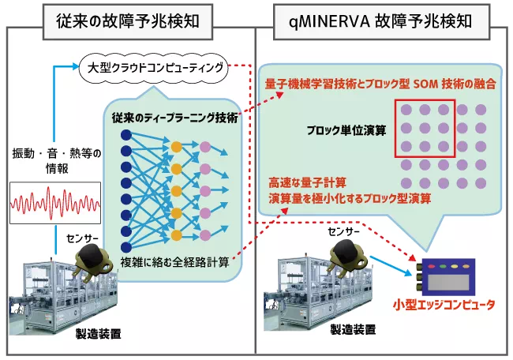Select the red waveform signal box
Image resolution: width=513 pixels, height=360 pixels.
(55, 203)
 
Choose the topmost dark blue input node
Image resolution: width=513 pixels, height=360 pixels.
(125, 134)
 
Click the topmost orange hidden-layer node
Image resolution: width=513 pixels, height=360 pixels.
(176, 147)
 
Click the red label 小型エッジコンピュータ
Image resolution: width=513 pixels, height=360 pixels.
(445, 305)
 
